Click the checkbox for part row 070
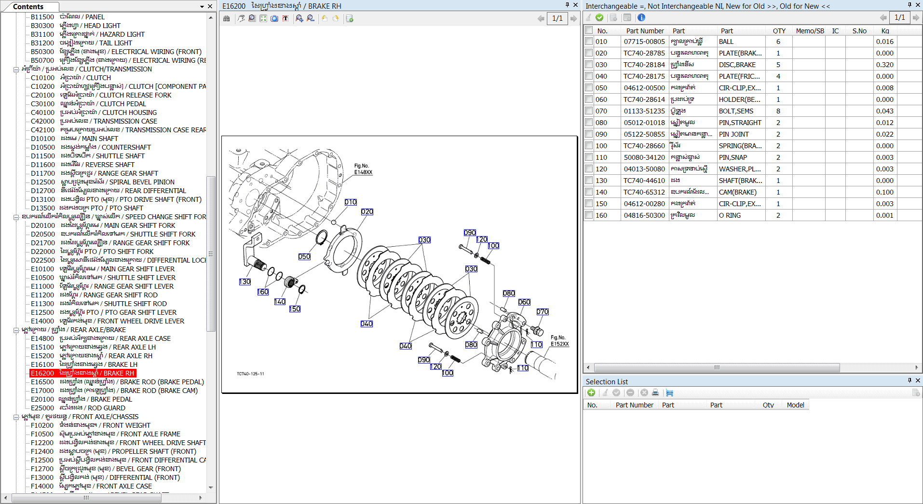point(589,111)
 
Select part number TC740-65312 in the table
point(644,192)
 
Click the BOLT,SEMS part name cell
point(736,111)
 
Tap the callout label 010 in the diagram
point(351,202)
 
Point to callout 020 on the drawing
point(367,212)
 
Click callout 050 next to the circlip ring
point(304,257)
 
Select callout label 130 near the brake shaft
point(245,282)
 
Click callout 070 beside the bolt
point(543,312)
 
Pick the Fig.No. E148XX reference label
point(363,169)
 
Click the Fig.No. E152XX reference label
point(559,341)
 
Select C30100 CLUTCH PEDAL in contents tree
point(88,104)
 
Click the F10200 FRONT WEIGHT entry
point(91,425)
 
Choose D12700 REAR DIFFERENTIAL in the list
point(109,191)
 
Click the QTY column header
point(779,31)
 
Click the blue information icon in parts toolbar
point(641,18)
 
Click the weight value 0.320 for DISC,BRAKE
point(884,65)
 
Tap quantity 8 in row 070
point(778,111)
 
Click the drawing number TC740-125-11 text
point(250,374)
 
